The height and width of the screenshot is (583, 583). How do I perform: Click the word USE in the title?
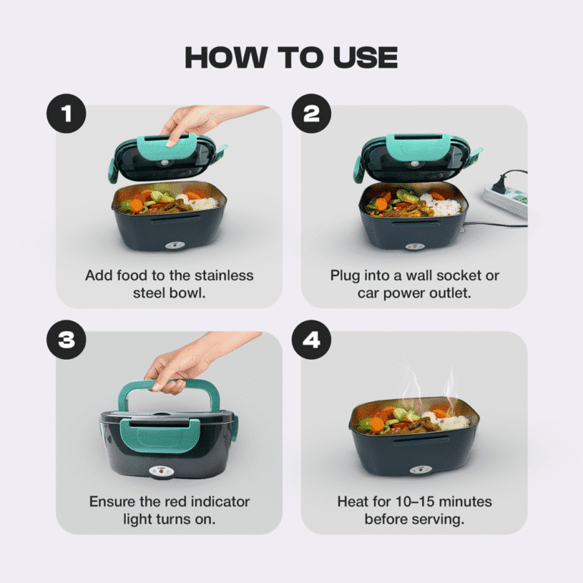coord(364,58)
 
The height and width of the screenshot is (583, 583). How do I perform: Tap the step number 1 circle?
coord(66,113)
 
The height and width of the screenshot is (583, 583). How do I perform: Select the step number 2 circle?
coord(311,113)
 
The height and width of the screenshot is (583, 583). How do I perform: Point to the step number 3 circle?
coord(66,339)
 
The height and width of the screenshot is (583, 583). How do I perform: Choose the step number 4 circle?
coord(311,339)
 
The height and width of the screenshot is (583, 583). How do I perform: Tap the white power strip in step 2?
coord(506,201)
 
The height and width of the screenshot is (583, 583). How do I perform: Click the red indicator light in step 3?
coord(162,471)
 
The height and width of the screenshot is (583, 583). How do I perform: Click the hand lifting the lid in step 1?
coord(200,123)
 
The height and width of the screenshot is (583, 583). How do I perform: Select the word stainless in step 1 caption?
coord(224,276)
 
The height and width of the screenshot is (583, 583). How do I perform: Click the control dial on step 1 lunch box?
coord(175,245)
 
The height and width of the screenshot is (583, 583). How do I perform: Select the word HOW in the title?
coord(226,58)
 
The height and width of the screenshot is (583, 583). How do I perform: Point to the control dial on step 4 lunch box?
coord(421,470)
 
